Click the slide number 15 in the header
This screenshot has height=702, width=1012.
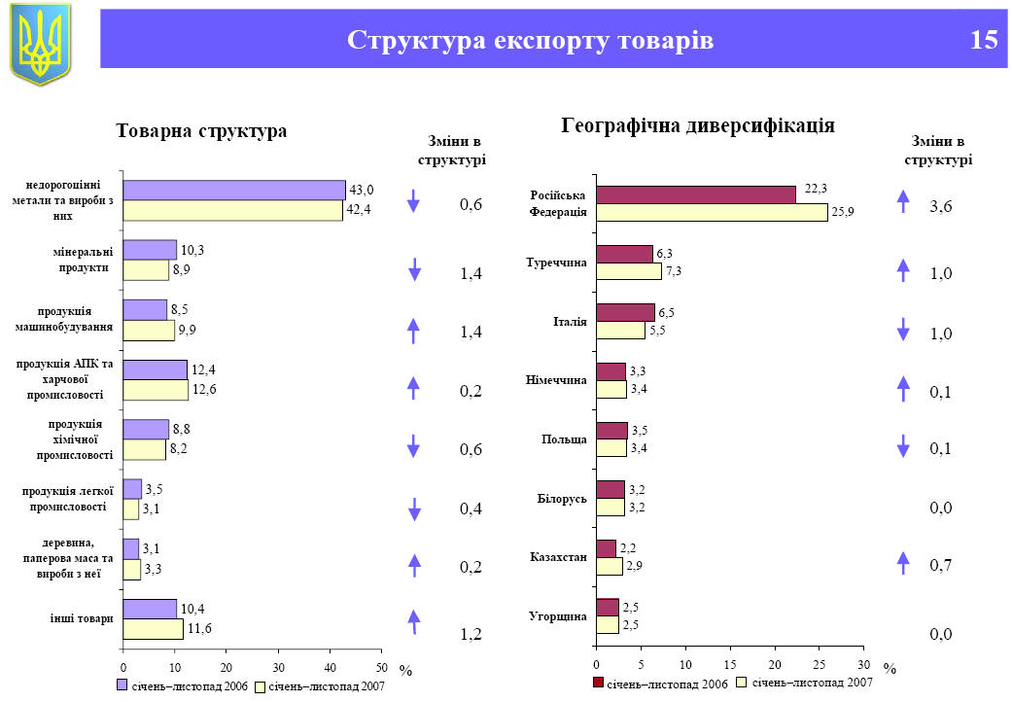(983, 40)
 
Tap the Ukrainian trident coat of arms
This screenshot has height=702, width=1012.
(40, 44)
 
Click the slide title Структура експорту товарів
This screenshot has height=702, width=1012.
(530, 40)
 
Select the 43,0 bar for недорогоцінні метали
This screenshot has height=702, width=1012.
(234, 190)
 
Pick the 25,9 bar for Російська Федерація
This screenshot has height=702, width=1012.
(712, 213)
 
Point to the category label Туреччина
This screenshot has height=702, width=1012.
(556, 262)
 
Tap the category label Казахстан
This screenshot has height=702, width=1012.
(558, 557)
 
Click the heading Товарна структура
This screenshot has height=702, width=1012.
(201, 130)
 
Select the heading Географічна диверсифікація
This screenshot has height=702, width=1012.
(698, 125)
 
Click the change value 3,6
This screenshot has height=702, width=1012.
(940, 206)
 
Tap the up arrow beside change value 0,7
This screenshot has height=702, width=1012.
(902, 562)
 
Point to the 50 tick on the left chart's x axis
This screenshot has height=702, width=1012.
(381, 666)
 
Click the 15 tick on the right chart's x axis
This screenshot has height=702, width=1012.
(730, 664)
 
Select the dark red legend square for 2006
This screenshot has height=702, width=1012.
(598, 684)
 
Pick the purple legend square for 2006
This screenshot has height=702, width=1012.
(122, 686)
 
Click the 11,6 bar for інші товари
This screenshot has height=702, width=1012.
(153, 629)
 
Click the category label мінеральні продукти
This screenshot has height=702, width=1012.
(82, 260)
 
